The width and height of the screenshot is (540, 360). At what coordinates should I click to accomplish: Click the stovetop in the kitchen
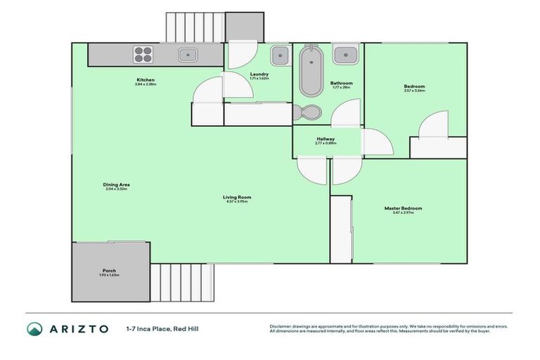point(143,55)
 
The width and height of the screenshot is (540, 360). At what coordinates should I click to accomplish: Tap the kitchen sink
point(187,54)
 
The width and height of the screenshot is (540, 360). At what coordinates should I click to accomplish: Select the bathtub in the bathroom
point(310,70)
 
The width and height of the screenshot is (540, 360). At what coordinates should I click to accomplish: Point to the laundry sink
point(279,54)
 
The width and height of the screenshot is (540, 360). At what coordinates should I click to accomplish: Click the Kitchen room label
point(146,79)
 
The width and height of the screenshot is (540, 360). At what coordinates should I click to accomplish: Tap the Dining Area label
point(117,185)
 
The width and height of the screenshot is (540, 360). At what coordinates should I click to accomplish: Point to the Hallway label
point(326,139)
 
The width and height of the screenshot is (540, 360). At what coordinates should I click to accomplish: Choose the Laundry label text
point(259,74)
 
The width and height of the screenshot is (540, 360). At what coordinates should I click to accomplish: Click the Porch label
point(109,270)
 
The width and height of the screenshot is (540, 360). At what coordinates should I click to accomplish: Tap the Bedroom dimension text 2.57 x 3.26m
point(414,91)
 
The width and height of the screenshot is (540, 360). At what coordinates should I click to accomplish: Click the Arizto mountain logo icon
point(34,328)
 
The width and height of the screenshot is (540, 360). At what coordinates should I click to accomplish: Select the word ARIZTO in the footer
point(78,328)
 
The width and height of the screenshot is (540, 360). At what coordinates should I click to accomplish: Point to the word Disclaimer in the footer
point(281,326)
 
